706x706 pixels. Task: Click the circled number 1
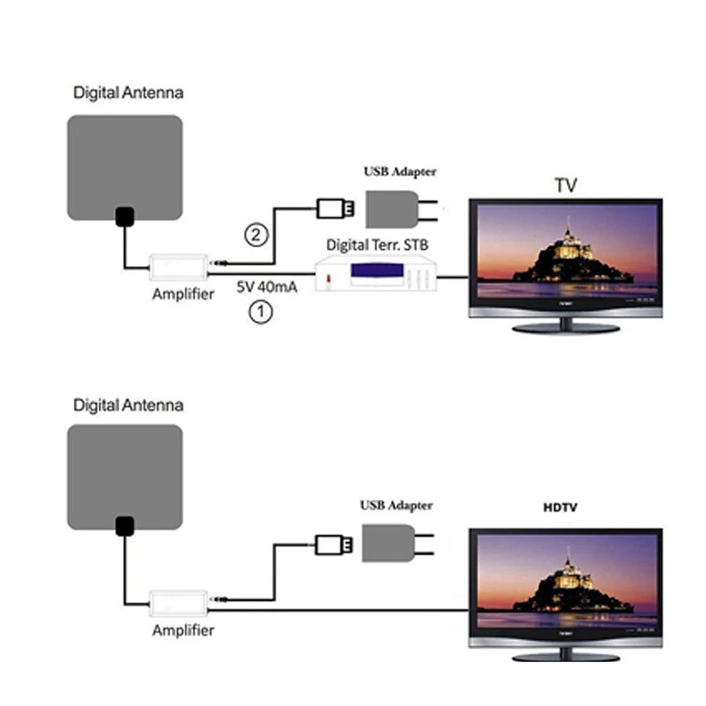[261, 312]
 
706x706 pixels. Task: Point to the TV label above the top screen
[566, 185]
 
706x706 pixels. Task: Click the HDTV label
[560, 507]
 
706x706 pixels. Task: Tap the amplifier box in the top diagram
[179, 267]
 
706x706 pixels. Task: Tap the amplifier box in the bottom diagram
[179, 603]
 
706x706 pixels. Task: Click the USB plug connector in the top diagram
[335, 208]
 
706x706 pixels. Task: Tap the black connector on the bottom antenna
[125, 525]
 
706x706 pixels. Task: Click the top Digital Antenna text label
[128, 92]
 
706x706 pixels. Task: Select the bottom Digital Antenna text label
[128, 406]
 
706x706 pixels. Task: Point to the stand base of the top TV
[566, 328]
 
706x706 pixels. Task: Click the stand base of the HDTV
[566, 657]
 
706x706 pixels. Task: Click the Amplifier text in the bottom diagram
[183, 629]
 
